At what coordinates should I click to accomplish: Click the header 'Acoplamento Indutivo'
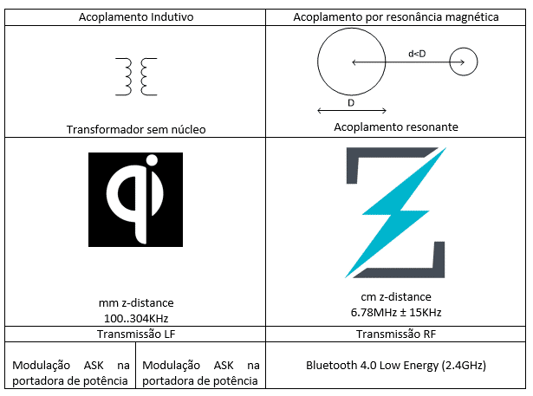[x=135, y=17]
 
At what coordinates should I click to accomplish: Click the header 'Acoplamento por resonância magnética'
[x=396, y=17]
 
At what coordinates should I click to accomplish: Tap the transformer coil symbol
[x=135, y=77]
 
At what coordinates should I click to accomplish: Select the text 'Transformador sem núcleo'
[x=135, y=130]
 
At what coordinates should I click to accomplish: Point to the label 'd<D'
[x=416, y=54]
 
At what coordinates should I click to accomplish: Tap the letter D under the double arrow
[x=350, y=102]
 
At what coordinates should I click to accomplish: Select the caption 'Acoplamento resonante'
[x=396, y=127]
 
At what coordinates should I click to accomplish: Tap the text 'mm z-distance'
[x=135, y=302]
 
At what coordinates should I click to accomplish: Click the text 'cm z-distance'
[x=396, y=297]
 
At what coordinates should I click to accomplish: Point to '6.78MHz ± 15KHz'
[x=396, y=312]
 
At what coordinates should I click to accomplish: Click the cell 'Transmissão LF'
[x=135, y=334]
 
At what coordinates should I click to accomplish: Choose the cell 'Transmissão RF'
[x=396, y=334]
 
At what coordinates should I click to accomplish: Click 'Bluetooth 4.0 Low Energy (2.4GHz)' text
[x=396, y=366]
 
